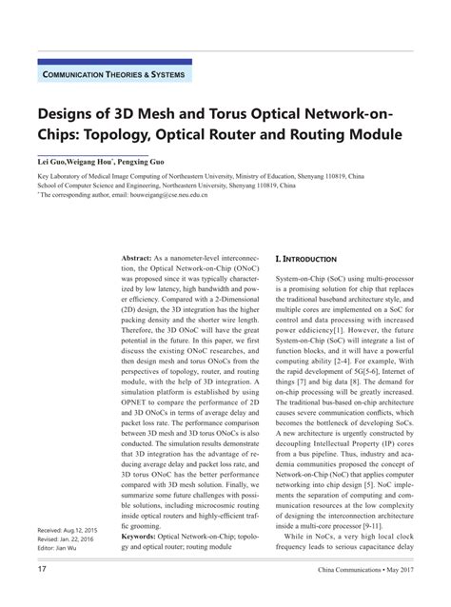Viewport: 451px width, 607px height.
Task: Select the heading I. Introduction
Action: tap(304, 259)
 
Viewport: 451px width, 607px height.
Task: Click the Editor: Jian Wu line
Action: tap(60, 549)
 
